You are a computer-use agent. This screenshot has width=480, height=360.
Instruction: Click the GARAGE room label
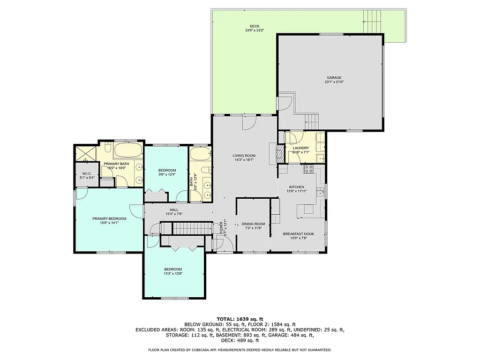(x=334, y=78)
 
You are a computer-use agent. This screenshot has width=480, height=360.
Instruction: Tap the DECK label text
(x=254, y=26)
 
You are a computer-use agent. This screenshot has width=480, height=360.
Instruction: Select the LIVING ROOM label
(x=244, y=156)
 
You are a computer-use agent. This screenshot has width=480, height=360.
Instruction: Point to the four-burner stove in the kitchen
(x=309, y=169)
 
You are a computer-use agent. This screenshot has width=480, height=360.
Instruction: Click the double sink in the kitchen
(x=321, y=191)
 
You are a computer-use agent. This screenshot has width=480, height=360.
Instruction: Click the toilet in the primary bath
(x=107, y=150)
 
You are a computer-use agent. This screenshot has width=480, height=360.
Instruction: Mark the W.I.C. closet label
(x=87, y=173)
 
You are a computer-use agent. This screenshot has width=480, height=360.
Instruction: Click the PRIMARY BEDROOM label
(x=109, y=218)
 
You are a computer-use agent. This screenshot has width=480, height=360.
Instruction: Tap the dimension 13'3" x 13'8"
(x=172, y=274)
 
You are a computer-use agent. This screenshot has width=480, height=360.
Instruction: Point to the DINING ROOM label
(x=253, y=224)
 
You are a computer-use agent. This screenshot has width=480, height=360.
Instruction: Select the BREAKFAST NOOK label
(x=299, y=233)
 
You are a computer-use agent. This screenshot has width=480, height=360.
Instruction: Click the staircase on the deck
(x=372, y=21)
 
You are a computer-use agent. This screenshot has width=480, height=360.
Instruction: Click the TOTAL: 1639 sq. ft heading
(x=240, y=318)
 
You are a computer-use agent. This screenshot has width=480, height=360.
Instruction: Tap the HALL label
(x=173, y=210)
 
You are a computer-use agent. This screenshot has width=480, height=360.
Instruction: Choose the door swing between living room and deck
(x=249, y=122)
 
